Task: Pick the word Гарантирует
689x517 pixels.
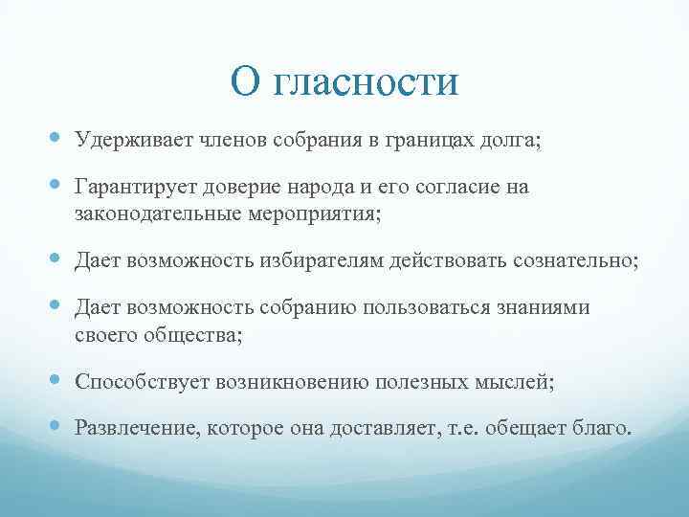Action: tap(139, 188)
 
